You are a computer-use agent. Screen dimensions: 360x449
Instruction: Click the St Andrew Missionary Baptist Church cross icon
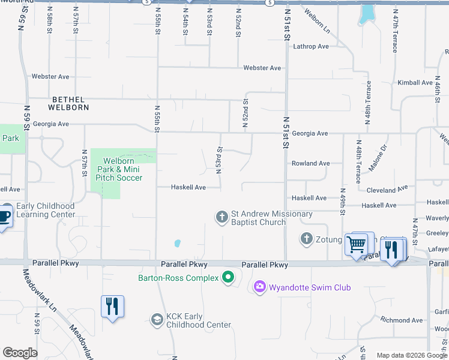tap(222, 216)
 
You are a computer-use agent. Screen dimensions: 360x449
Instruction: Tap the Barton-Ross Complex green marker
tap(228, 277)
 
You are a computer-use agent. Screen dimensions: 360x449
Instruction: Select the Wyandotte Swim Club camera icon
tap(260, 287)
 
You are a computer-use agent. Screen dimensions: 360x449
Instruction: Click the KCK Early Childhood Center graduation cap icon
tap(157, 319)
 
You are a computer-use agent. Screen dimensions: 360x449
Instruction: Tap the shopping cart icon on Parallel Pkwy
tap(357, 244)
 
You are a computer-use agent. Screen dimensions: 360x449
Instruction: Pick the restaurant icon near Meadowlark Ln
tap(112, 307)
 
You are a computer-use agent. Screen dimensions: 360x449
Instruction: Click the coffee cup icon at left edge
tap(4, 217)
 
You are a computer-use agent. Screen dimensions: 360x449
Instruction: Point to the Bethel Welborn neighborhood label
tap(70, 103)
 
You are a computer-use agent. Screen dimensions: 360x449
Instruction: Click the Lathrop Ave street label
tap(311, 46)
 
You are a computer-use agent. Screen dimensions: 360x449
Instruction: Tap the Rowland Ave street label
tap(310, 163)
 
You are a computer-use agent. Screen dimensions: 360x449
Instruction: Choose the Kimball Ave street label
tap(415, 83)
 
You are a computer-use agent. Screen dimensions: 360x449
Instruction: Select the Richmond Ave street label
tap(402, 320)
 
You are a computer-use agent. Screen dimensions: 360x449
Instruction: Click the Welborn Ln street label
tap(316, 21)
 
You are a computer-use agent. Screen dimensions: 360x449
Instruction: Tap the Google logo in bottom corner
tap(20, 353)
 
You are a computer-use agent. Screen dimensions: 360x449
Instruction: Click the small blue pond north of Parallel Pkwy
tap(177, 244)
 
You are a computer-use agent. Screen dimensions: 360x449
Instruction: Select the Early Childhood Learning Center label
tap(45, 210)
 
